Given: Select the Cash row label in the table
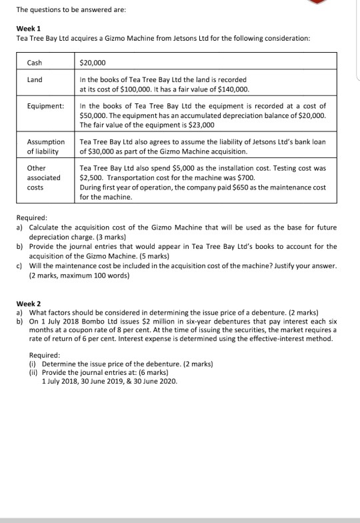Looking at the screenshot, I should tap(34, 61).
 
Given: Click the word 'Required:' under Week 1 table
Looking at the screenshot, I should tap(31, 217).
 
